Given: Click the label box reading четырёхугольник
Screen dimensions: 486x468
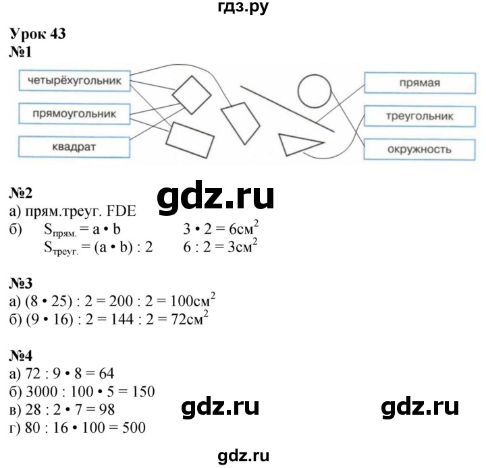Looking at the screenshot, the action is pyautogui.click(x=74, y=81).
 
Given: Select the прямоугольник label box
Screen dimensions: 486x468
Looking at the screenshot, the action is pyautogui.click(x=74, y=114).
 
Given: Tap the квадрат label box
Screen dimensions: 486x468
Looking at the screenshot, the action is pyautogui.click(x=74, y=147).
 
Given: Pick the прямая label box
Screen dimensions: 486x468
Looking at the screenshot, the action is pyautogui.click(x=420, y=83).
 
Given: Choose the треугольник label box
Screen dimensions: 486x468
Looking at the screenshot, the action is pyautogui.click(x=420, y=116).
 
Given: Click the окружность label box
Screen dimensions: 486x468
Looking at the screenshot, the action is pyautogui.click(x=419, y=150).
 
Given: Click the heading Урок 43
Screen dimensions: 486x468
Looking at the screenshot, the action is pyautogui.click(x=38, y=34).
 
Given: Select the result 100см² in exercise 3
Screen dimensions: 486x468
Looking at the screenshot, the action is pyautogui.click(x=193, y=300).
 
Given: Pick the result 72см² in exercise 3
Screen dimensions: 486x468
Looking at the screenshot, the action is pyautogui.click(x=190, y=318).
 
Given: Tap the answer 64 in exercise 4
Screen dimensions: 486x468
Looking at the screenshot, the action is pyautogui.click(x=107, y=374).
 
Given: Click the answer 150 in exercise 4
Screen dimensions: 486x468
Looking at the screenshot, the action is pyautogui.click(x=143, y=392).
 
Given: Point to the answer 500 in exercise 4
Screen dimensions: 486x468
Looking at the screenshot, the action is pyautogui.click(x=134, y=428).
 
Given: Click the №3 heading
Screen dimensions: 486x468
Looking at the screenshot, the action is pyautogui.click(x=21, y=283).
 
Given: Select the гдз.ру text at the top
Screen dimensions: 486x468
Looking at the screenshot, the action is pyautogui.click(x=243, y=7).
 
